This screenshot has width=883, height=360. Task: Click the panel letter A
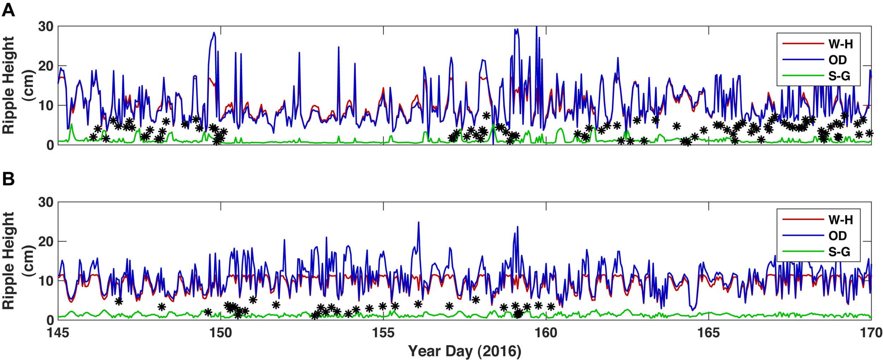[8, 10]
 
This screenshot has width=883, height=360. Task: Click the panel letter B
[8, 179]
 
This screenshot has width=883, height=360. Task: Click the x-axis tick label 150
[221, 333]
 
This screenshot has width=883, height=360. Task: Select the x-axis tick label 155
[383, 333]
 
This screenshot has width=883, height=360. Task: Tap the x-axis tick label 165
[709, 333]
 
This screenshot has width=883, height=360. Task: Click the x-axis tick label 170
[871, 333]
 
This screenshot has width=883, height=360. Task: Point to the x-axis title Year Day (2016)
[464, 351]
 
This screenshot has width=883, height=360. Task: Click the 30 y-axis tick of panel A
[46, 26]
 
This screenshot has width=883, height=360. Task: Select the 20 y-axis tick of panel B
[46, 242]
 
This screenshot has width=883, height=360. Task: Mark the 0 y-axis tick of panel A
[50, 145]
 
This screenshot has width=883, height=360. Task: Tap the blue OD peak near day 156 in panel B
[419, 223]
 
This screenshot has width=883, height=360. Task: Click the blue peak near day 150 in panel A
[214, 33]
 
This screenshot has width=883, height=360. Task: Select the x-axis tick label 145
[58, 333]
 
